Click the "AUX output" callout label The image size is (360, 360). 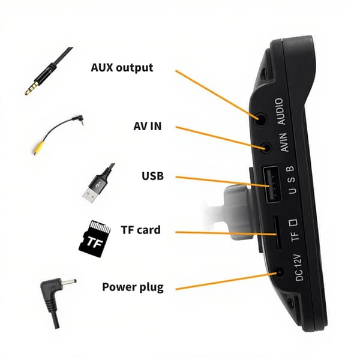coord(122,67)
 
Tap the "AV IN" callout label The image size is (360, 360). coord(148,126)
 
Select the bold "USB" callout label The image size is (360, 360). coord(152,176)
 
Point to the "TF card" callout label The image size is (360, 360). coord(140,230)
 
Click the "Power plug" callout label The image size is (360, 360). coord(133,287)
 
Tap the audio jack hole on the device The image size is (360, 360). coord(261,119)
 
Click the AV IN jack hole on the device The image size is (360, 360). coord(266,148)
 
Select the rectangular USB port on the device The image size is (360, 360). coord(272,185)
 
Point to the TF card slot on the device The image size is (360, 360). coord(277,233)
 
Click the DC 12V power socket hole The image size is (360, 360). coord(280,272)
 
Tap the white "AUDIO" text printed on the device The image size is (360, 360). coord(281,112)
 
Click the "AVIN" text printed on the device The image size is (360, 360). coord(284,142)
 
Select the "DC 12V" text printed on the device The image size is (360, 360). coord(298,268)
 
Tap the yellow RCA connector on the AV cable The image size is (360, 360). coord(38,148)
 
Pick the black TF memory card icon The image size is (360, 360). coord(95,239)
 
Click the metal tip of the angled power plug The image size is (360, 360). coord(69,282)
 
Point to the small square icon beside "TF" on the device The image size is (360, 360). coord(293,223)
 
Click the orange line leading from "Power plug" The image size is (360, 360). coord(226,281)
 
